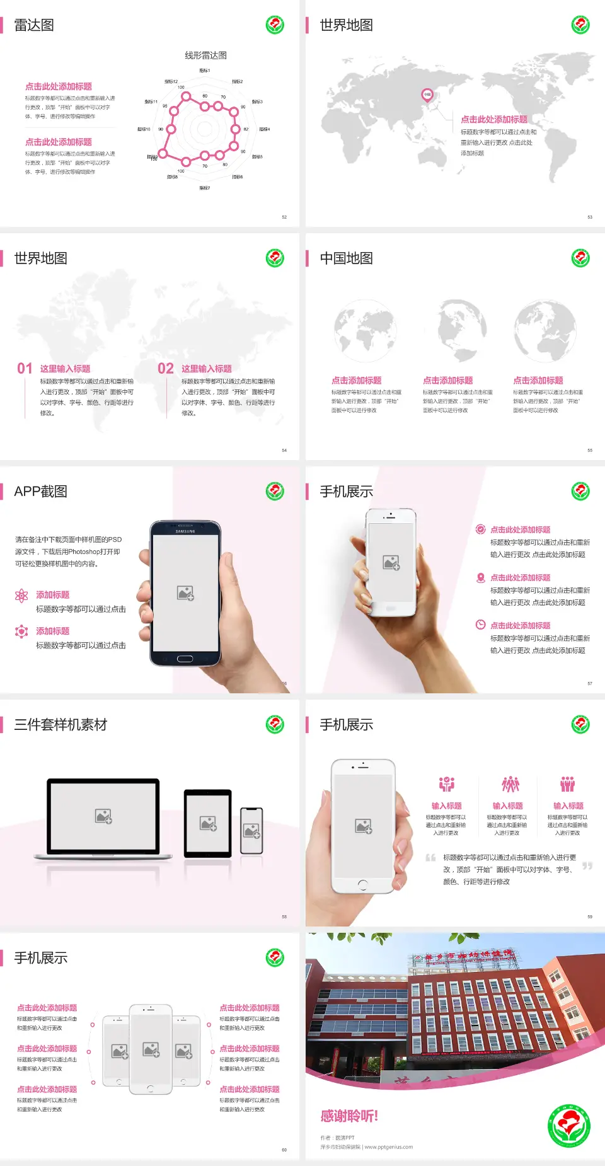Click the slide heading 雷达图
pos(34,25)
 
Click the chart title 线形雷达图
pos(205,55)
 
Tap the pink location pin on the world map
pos(427,95)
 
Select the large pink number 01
pos(25,369)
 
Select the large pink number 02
pos(166,369)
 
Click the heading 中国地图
pos(346,258)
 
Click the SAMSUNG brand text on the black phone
pos(185,531)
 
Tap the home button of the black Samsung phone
pos(185,659)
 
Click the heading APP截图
pos(40,492)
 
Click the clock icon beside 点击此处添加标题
pos(480,625)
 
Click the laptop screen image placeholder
pos(103,816)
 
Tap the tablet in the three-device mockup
pos(208,823)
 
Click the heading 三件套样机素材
pos(60,725)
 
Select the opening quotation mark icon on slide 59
pos(430,858)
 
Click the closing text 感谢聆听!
pos(349,1116)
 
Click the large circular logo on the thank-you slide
pos(568,1126)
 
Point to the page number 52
pos(284,217)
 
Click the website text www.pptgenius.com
pos(388,1147)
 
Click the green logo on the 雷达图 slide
pos(275,25)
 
